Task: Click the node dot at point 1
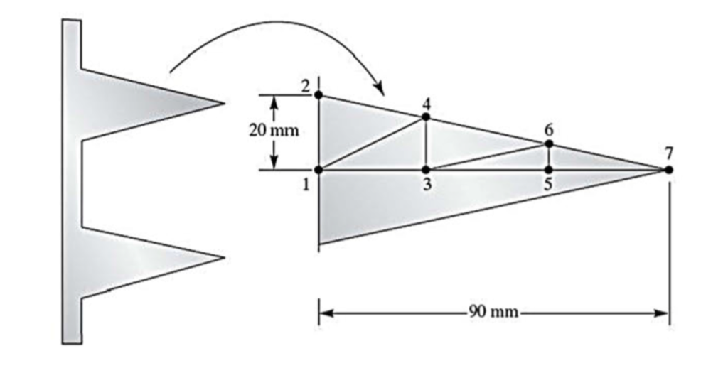pyautogui.click(x=318, y=170)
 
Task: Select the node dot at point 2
pyautogui.click(x=318, y=94)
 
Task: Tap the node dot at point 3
pyautogui.click(x=426, y=170)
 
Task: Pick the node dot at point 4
pyautogui.click(x=426, y=117)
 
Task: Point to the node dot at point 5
pyautogui.click(x=549, y=170)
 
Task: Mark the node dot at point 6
pyautogui.click(x=549, y=144)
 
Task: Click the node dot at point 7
pyautogui.click(x=668, y=169)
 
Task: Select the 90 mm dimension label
pyautogui.click(x=493, y=313)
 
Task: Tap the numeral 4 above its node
pyautogui.click(x=426, y=102)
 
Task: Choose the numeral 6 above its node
pyautogui.click(x=549, y=129)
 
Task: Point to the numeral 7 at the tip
pyautogui.click(x=668, y=153)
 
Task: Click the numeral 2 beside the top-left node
pyautogui.click(x=305, y=87)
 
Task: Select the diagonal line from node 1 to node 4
pyautogui.click(x=372, y=144)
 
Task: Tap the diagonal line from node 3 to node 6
pyautogui.click(x=487, y=157)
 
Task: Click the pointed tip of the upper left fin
pyautogui.click(x=224, y=104)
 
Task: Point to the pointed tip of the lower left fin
pyautogui.click(x=224, y=257)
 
